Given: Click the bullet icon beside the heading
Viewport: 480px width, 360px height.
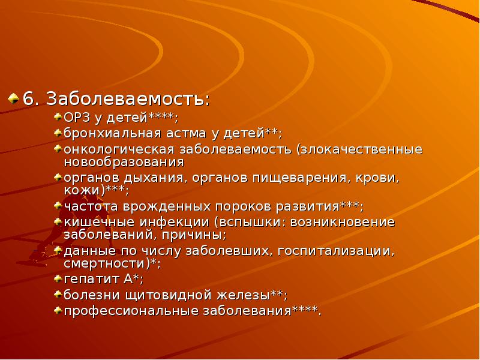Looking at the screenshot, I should (x=13, y=97).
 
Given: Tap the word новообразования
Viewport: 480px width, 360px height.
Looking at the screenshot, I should (x=123, y=161).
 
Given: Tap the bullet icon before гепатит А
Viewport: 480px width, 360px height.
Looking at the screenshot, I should (x=57, y=278).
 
